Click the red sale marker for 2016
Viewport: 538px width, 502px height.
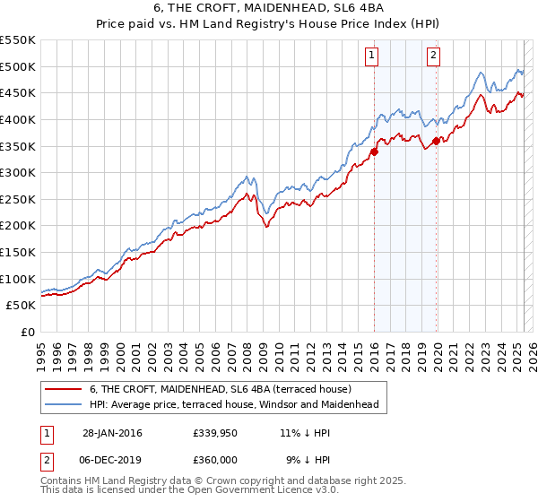[374, 151]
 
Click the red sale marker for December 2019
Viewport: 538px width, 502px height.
[436, 141]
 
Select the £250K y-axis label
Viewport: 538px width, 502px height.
[20, 199]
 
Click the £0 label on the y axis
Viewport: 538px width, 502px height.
[27, 332]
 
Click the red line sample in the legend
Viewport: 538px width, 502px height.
[65, 389]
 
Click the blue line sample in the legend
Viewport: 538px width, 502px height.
[65, 405]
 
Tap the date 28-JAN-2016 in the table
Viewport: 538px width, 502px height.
[112, 433]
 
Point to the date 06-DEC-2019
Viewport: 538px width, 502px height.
[112, 458]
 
